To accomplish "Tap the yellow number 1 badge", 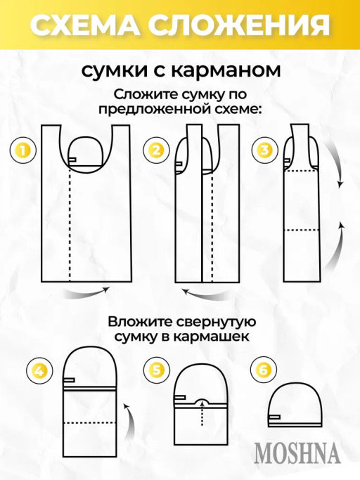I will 23,150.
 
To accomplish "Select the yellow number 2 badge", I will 155,150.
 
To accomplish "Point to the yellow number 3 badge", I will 264,150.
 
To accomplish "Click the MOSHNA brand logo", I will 297,453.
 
